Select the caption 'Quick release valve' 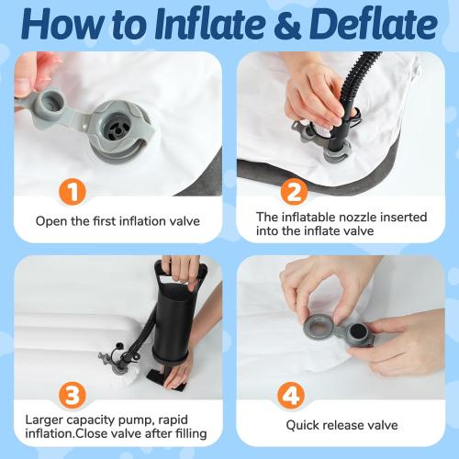point(341,426)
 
